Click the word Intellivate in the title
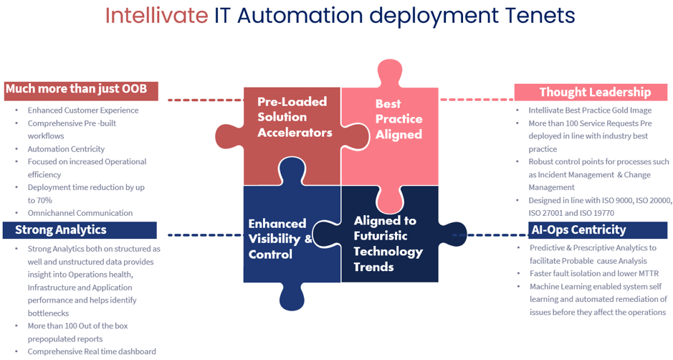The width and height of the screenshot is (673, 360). (x=157, y=16)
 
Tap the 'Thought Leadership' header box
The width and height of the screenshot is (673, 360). (x=594, y=92)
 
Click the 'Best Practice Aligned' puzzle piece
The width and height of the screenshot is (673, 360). (x=398, y=119)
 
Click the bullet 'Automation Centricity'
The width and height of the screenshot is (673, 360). (x=66, y=148)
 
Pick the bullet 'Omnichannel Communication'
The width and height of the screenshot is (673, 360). (x=80, y=212)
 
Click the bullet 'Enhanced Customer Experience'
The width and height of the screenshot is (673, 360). (x=83, y=110)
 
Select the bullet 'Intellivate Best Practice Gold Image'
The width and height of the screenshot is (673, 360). (x=589, y=110)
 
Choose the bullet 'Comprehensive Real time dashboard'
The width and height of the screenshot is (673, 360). (x=91, y=351)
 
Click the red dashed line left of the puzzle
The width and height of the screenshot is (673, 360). (x=204, y=100)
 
